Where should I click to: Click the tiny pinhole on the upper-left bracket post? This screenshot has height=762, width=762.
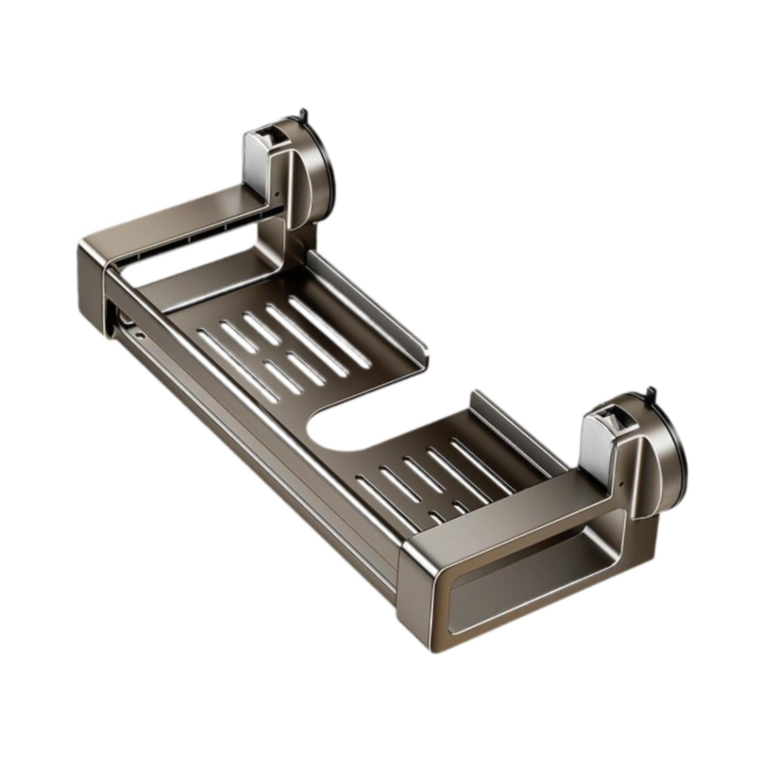277,194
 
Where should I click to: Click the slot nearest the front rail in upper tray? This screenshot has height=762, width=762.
238,364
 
